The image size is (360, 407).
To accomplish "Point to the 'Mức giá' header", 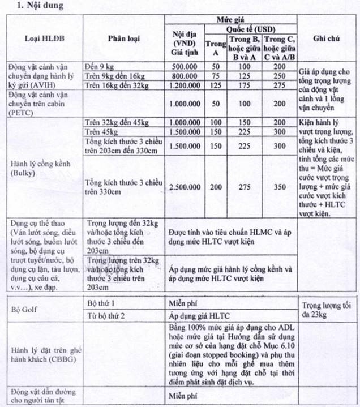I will pyautogui.click(x=230, y=19).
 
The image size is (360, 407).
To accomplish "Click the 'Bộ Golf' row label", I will pyautogui.click(x=24, y=310).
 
